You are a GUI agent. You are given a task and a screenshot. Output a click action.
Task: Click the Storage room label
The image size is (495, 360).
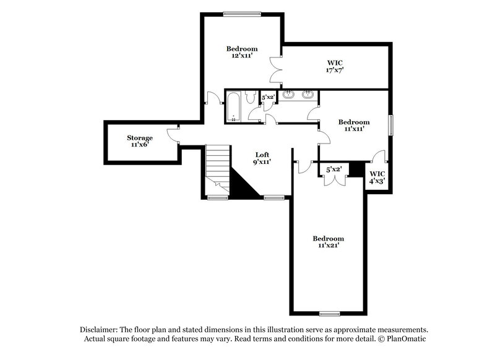[x=140, y=137]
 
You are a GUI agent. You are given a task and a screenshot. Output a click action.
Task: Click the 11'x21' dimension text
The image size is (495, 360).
[x=328, y=246]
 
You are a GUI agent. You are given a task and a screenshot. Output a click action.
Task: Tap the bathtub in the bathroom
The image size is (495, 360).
[x=234, y=106]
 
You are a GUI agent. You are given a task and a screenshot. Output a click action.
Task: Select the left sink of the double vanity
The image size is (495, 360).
[x=288, y=95]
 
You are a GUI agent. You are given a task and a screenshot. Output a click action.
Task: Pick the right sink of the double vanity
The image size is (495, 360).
[x=308, y=95]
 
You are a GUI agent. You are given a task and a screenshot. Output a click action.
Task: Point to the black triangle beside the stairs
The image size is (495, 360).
[x=244, y=186]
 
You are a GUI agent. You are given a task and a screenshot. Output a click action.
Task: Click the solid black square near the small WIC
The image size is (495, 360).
[x=355, y=169]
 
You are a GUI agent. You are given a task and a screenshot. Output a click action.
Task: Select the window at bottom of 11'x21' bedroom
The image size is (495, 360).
[x=330, y=312]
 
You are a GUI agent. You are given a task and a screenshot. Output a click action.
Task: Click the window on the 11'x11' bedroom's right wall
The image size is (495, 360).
[x=390, y=124]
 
